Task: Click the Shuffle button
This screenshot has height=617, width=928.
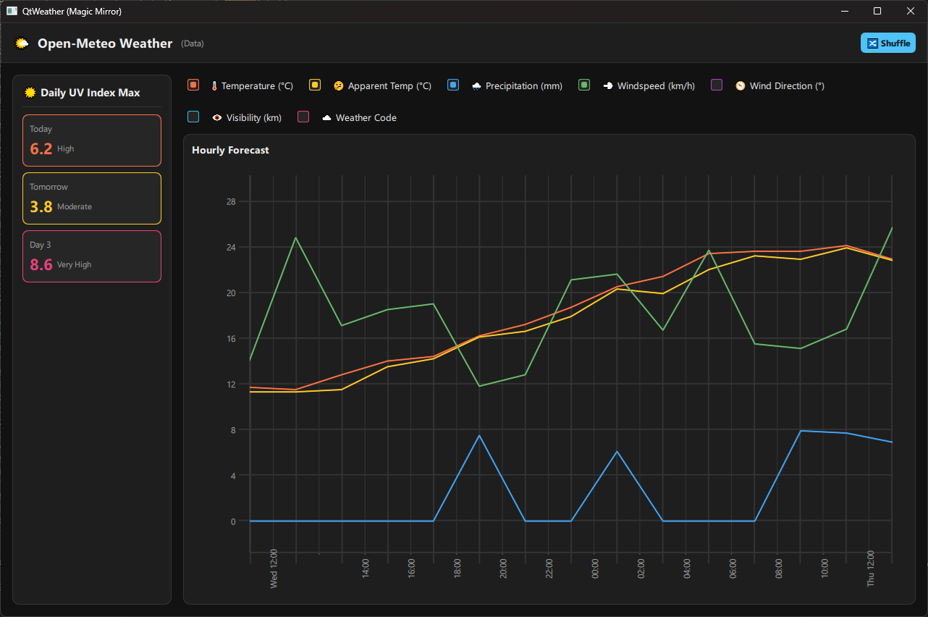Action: (887, 43)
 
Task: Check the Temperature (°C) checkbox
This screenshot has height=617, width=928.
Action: (193, 85)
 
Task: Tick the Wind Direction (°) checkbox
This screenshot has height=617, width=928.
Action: (717, 85)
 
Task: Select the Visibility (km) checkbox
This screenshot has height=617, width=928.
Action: (193, 117)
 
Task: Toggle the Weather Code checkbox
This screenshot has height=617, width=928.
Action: (303, 117)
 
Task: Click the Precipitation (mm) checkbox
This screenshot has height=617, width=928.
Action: (453, 85)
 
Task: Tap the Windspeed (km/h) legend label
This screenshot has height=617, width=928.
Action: (656, 85)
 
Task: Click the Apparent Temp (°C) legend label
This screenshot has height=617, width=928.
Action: (389, 85)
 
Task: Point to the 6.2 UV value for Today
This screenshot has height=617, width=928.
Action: (41, 148)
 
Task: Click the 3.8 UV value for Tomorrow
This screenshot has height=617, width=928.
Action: (41, 206)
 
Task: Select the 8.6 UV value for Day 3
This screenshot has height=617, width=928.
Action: (41, 264)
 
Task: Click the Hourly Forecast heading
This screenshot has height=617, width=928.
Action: (230, 150)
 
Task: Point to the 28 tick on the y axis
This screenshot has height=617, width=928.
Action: (231, 202)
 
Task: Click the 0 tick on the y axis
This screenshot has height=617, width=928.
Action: (233, 521)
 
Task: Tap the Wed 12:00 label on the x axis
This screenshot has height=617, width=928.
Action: (274, 568)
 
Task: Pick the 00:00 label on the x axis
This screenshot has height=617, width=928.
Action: (595, 568)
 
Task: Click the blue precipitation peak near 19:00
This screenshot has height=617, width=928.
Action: (479, 435)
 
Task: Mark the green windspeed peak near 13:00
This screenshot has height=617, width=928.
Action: (296, 238)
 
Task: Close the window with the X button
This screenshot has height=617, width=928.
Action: (910, 11)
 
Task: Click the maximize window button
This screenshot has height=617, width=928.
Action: (877, 11)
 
